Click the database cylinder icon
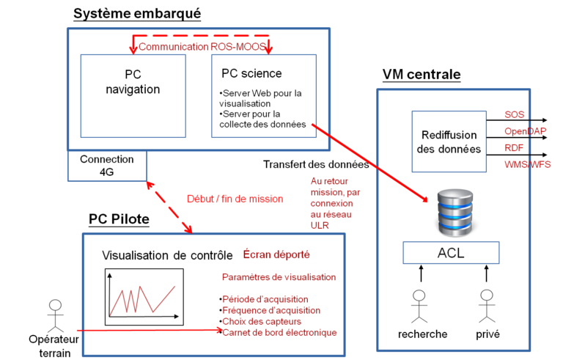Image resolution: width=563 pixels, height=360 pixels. pos(455,213)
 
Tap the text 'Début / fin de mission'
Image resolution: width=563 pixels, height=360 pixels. pos(235,199)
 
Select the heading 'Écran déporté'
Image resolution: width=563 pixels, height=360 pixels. pos(276,255)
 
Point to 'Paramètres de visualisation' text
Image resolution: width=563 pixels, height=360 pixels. pos(279,277)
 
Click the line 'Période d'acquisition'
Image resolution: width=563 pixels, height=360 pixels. pos(265,299)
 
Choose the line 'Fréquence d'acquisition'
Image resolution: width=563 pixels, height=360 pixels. pos(271,310)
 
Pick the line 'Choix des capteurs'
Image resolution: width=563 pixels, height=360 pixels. pos(262,321)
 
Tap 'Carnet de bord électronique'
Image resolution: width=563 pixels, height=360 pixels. pos(279,332)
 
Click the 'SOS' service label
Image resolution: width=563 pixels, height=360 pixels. pos(514,114)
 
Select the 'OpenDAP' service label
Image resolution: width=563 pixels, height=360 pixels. pos(523,131)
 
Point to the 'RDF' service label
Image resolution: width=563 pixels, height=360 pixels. pos(514,147)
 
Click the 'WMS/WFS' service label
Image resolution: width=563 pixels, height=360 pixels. pos(527,164)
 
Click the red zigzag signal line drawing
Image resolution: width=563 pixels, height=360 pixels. pos(142,299)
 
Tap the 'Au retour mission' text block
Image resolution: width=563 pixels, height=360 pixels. pos(331,202)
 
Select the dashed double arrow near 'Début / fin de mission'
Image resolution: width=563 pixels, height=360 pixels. pos(169,207)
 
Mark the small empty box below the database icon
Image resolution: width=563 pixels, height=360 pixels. pos(451,253)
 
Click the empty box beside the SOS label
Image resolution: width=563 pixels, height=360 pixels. pos(449,141)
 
